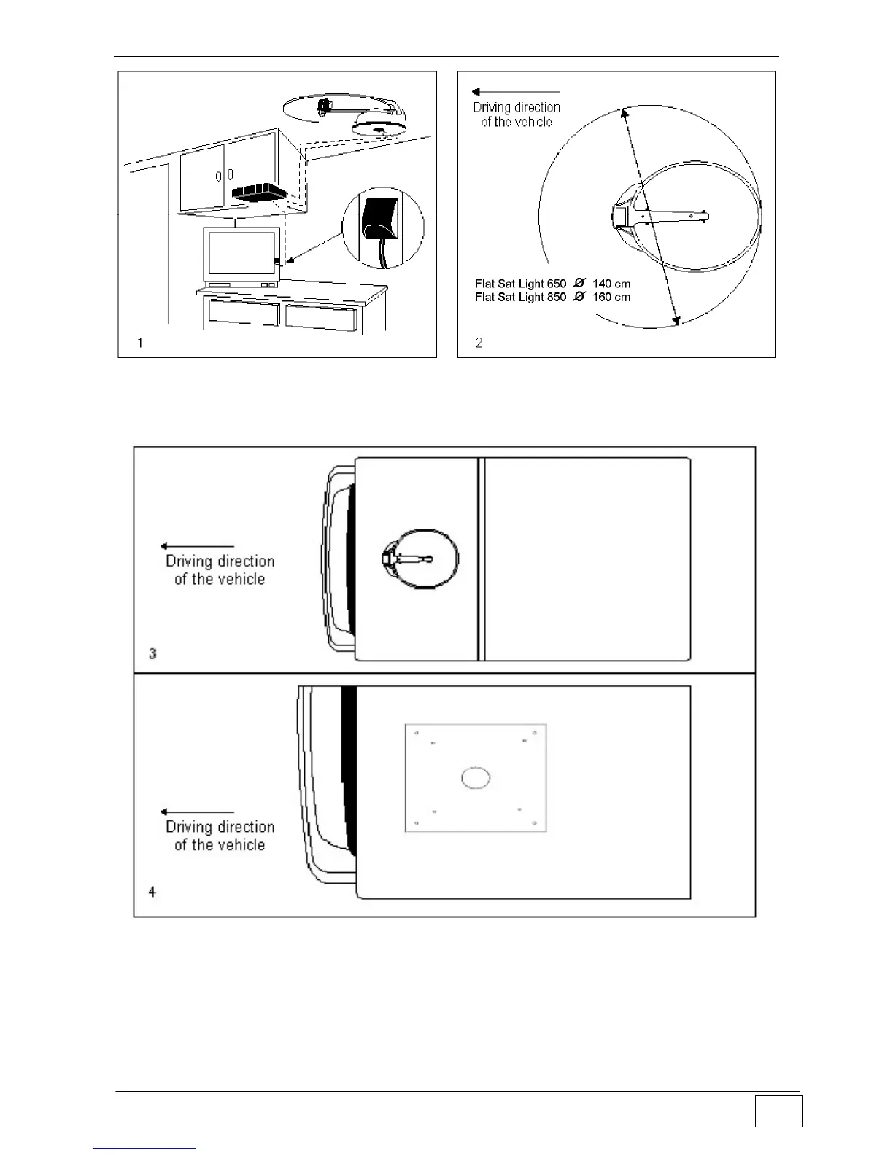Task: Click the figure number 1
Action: pyautogui.click(x=140, y=343)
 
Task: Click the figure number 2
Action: pyautogui.click(x=479, y=343)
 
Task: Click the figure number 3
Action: pyautogui.click(x=152, y=653)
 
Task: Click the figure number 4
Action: pyautogui.click(x=152, y=891)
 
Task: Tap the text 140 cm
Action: pyautogui.click(x=611, y=284)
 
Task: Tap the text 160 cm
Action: pyautogui.click(x=611, y=297)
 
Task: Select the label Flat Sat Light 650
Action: pyautogui.click(x=520, y=284)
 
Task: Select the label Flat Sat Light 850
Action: pyautogui.click(x=520, y=297)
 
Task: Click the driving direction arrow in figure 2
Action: pyautogui.click(x=515, y=92)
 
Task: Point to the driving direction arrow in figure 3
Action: pyautogui.click(x=197, y=546)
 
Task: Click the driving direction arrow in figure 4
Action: pyautogui.click(x=197, y=812)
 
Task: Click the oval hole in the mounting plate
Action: pyautogui.click(x=475, y=778)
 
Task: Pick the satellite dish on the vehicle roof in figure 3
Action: pyautogui.click(x=421, y=559)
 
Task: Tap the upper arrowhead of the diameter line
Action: pyautogui.click(x=624, y=112)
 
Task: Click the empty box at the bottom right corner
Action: pyautogui.click(x=778, y=1111)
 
